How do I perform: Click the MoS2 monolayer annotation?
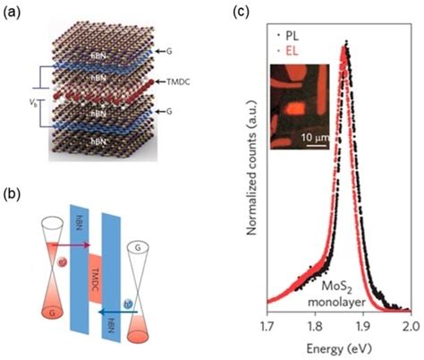[347, 292]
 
